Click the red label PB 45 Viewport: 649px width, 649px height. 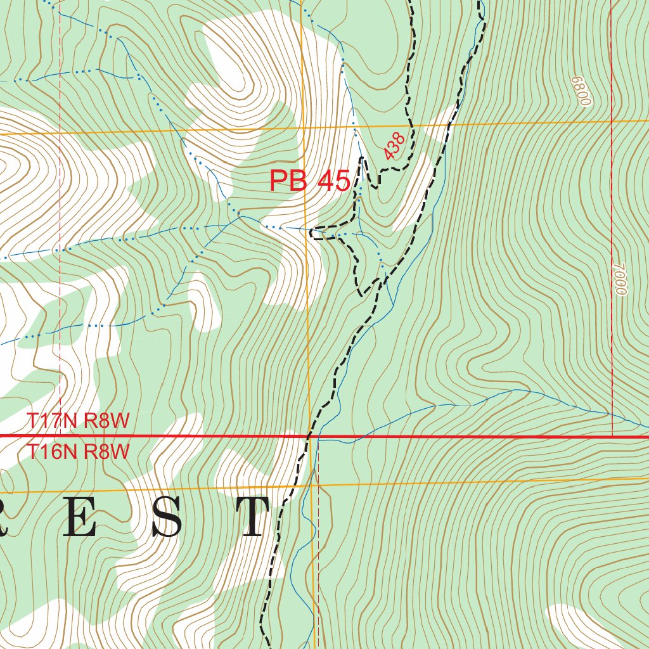point(309,181)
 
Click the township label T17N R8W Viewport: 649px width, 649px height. point(78,421)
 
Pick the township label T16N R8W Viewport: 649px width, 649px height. point(78,452)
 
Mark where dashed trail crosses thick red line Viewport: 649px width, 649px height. point(308,437)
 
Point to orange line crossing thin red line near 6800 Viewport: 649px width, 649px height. point(612,120)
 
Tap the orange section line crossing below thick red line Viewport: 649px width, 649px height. point(315,486)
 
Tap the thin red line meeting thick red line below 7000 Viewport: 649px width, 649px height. point(613,436)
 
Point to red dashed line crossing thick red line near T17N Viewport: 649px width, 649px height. point(60,436)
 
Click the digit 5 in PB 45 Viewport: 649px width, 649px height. point(340,181)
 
